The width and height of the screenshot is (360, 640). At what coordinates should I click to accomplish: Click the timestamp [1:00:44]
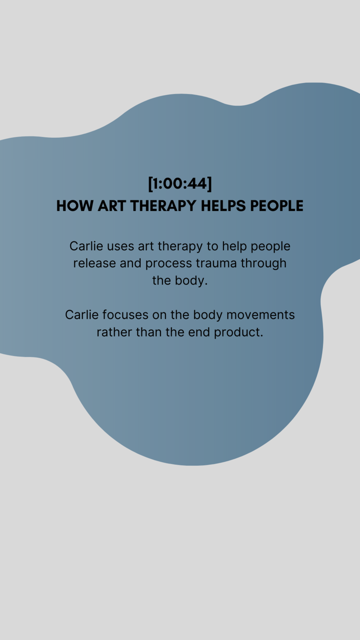(x=180, y=184)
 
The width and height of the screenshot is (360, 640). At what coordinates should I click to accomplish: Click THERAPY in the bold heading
(x=163, y=206)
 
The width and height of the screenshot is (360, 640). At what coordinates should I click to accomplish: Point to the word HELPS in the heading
(x=223, y=206)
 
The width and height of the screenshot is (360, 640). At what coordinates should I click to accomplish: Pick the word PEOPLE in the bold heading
(x=277, y=206)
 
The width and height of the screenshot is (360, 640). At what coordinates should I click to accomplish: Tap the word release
(x=95, y=264)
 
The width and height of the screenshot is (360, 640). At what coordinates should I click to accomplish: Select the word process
(x=168, y=264)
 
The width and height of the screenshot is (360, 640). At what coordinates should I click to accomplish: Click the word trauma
(x=216, y=264)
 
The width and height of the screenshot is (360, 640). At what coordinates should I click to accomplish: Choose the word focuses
(x=125, y=315)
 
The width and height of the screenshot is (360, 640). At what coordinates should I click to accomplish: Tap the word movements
(x=260, y=315)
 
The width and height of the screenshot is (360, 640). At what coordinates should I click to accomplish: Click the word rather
(x=114, y=332)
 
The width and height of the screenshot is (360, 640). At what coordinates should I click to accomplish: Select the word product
(x=238, y=332)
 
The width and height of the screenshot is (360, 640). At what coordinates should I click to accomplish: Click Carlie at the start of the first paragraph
(x=86, y=246)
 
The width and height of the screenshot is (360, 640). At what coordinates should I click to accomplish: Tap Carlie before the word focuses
(x=82, y=315)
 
